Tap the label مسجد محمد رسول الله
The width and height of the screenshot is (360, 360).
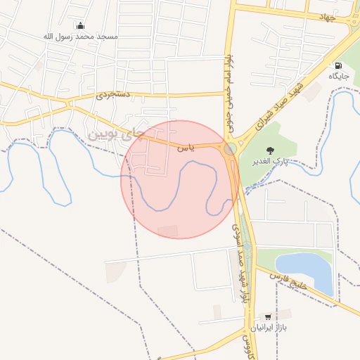click(x=79, y=36)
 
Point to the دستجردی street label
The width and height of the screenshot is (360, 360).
click(x=112, y=92)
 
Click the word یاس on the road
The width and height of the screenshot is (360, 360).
click(x=184, y=148)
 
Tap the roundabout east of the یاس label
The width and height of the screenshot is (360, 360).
click(x=230, y=149)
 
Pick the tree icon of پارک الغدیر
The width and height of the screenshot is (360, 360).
click(x=270, y=150)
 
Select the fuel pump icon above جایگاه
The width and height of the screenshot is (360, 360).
click(x=339, y=65)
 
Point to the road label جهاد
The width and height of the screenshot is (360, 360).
click(x=329, y=15)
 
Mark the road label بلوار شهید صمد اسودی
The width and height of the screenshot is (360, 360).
click(x=240, y=264)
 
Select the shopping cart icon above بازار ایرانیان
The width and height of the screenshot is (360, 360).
click(x=269, y=317)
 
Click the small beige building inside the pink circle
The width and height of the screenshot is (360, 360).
click(x=168, y=231)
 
